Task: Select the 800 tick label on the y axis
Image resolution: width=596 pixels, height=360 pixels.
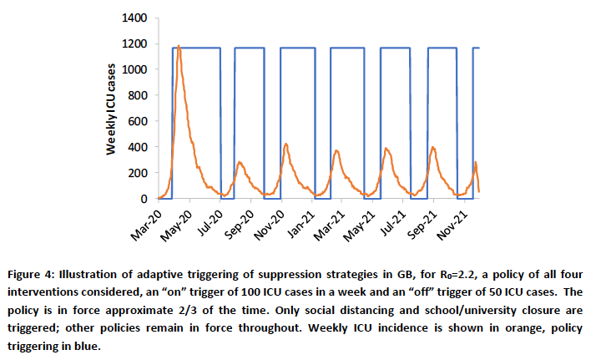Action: click(138, 95)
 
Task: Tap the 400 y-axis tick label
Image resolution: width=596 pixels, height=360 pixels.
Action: click(138, 147)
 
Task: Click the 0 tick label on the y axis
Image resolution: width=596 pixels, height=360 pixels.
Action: click(144, 199)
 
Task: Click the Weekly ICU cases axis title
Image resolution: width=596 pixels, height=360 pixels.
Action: click(110, 109)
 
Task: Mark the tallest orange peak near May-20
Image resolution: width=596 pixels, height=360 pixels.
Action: click(179, 46)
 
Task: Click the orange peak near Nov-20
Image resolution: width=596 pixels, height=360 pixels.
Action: click(285, 144)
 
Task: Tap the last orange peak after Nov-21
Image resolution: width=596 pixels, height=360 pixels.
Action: click(475, 162)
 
